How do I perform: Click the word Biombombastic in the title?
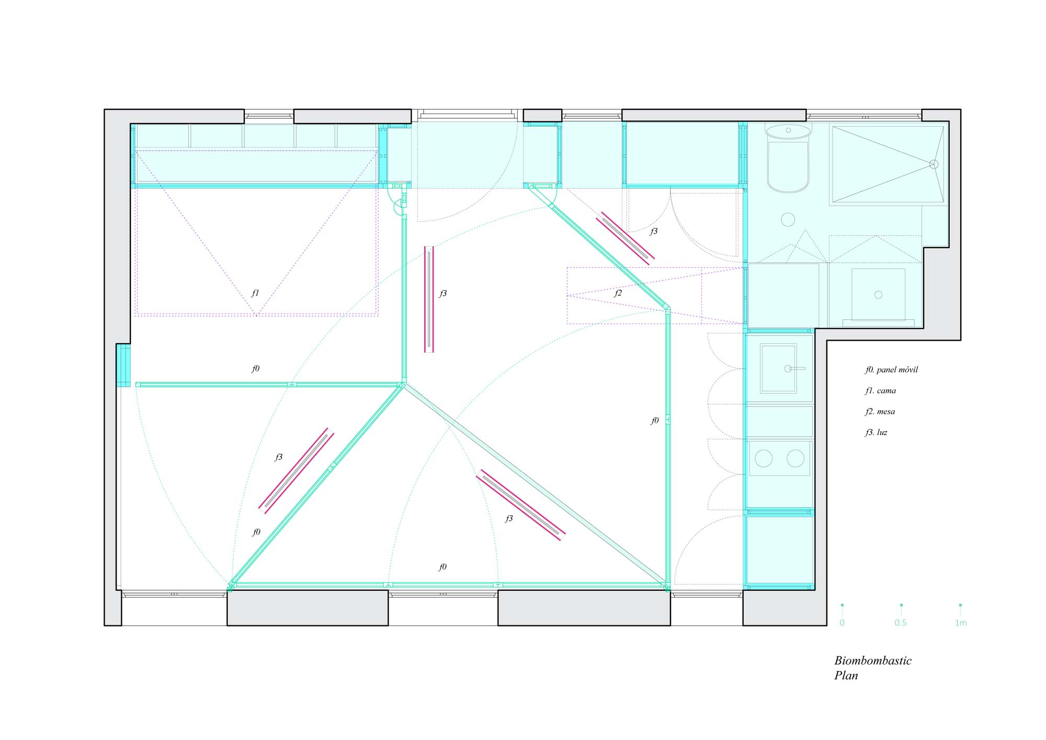pyautogui.click(x=873, y=661)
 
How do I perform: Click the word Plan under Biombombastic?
pyautogui.click(x=846, y=676)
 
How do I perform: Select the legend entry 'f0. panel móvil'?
pyautogui.click(x=891, y=369)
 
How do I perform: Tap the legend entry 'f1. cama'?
pyautogui.click(x=880, y=390)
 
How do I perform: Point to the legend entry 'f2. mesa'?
pyautogui.click(x=880, y=411)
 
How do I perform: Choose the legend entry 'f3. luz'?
pyautogui.click(x=876, y=432)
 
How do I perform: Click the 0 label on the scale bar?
pyautogui.click(x=842, y=623)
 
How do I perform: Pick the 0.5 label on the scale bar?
pyautogui.click(x=901, y=623)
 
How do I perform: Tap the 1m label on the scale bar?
pyautogui.click(x=961, y=623)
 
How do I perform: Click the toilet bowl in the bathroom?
pyautogui.click(x=788, y=166)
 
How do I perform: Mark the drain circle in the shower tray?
pyautogui.click(x=934, y=164)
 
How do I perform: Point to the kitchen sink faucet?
pyautogui.click(x=794, y=368)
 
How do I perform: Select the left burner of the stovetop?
pyautogui.click(x=764, y=458)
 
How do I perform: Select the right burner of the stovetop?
pyautogui.click(x=795, y=458)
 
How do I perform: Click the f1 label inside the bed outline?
pyautogui.click(x=255, y=293)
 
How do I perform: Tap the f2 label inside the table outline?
pyautogui.click(x=618, y=293)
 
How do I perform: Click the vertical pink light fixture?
pyautogui.click(x=429, y=299)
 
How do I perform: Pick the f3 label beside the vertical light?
pyautogui.click(x=443, y=294)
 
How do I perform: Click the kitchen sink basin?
pyautogui.click(x=778, y=368)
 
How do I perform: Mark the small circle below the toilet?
pyautogui.click(x=788, y=219)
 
